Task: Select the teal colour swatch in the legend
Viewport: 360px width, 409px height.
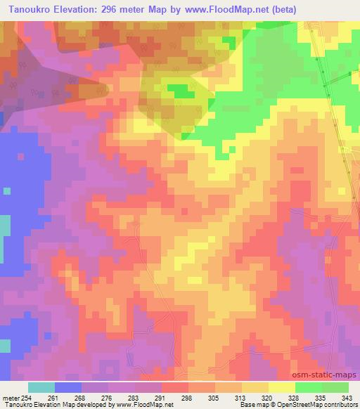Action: point(41,387)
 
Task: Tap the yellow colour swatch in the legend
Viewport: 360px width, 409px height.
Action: point(282,387)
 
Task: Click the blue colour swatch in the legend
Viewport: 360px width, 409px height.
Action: point(68,387)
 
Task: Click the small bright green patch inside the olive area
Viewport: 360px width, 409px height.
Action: point(181,91)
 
